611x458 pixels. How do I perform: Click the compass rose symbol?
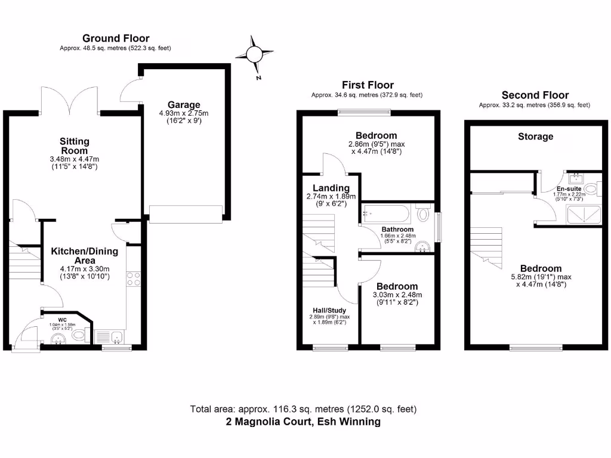pyautogui.click(x=254, y=55)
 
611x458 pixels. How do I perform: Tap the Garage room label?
pyautogui.click(x=184, y=104)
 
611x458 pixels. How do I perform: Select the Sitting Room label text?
pyautogui.click(x=75, y=146)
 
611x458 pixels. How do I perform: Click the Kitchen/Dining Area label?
pyautogui.click(x=84, y=256)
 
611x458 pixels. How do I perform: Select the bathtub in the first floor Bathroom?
pyautogui.click(x=387, y=213)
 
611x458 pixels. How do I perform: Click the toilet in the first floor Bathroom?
pyautogui.click(x=424, y=213)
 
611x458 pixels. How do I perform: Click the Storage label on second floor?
pyautogui.click(x=535, y=137)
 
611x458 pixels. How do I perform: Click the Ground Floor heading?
pyautogui.click(x=116, y=39)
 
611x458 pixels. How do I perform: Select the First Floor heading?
pyautogui.click(x=368, y=85)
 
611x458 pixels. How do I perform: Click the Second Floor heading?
pyautogui.click(x=535, y=95)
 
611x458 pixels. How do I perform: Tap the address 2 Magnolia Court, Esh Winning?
pyautogui.click(x=303, y=422)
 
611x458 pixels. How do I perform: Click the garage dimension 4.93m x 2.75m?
pyautogui.click(x=184, y=113)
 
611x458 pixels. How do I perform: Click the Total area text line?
pyautogui.click(x=303, y=409)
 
